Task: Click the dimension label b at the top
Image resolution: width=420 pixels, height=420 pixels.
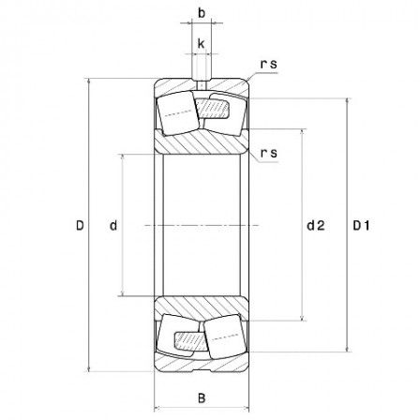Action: pos(202,14)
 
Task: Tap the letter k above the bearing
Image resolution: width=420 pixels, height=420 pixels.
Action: pos(202,43)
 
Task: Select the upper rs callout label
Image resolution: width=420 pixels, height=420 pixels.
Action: pos(269,65)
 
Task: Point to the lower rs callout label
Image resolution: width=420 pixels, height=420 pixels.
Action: pos(269,153)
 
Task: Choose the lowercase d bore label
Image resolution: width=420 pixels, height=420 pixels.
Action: pos(112,225)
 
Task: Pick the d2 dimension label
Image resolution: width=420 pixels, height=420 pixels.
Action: pos(315,225)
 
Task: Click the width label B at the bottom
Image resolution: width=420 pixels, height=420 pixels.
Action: pos(202,397)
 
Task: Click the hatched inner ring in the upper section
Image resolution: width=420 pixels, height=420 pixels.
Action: pos(202,142)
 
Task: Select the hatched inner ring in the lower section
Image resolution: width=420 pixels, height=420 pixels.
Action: pos(202,308)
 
